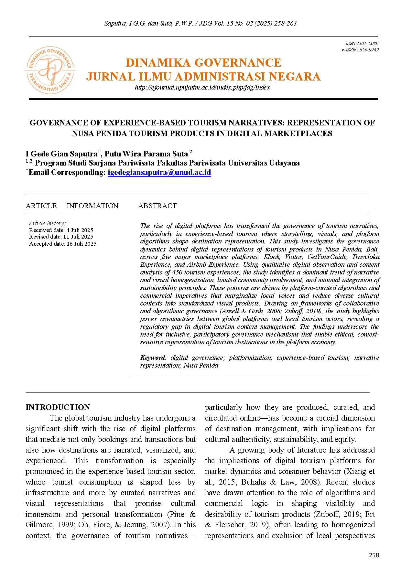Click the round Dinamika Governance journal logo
tap(50, 70)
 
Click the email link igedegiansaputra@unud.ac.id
tap(159, 172)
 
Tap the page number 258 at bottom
tap(374, 555)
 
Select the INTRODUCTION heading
tap(58, 407)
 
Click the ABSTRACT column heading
tap(157, 206)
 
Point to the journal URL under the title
tap(202, 87)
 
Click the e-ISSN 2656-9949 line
tap(360, 50)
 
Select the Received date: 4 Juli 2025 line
tap(61, 230)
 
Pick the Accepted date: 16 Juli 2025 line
tap(63, 244)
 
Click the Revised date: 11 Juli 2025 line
tap(61, 237)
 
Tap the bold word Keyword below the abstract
tap(152, 358)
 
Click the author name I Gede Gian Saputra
tap(61, 154)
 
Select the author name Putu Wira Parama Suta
tap(146, 154)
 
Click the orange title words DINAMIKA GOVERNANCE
tap(203, 62)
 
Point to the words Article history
tap(47, 223)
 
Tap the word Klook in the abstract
tap(271, 257)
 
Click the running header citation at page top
tap(200, 23)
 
